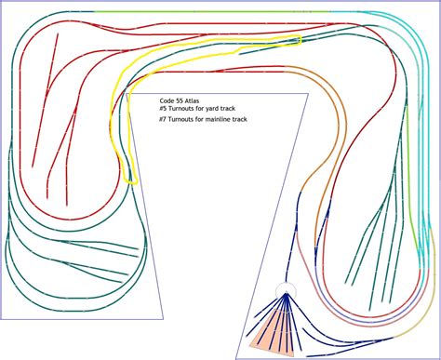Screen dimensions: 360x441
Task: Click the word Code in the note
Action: [168, 100]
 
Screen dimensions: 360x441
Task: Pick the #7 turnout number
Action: [164, 120]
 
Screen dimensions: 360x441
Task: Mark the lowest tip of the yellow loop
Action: [131, 182]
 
